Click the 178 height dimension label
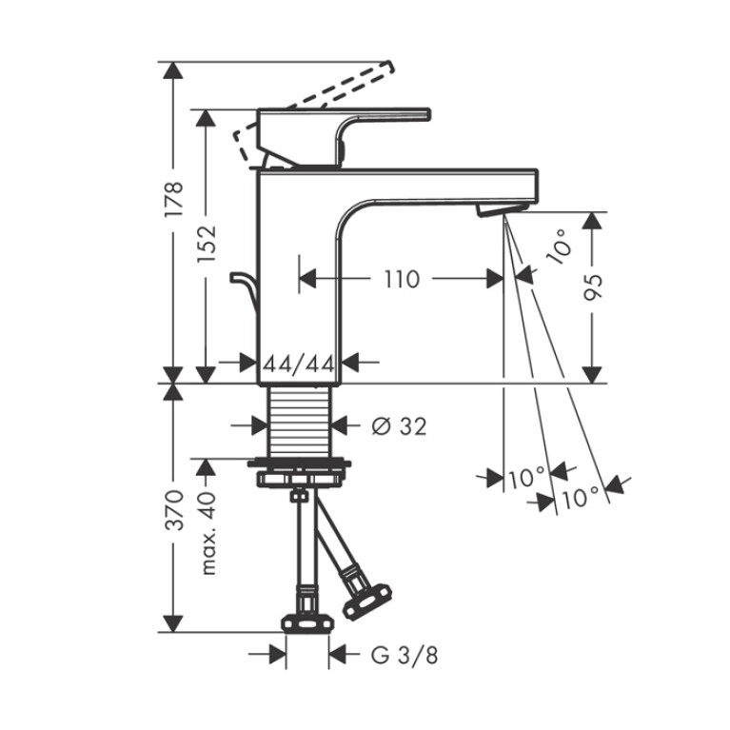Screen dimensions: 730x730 point(175,199)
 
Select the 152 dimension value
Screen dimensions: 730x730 point(207,244)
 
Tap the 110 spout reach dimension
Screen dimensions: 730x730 point(402,279)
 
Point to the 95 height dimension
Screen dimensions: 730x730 point(593,287)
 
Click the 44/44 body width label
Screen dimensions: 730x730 point(299,364)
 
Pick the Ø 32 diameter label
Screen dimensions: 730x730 point(399,426)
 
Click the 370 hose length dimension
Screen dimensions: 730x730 point(175,509)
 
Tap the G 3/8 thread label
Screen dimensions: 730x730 point(404,656)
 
